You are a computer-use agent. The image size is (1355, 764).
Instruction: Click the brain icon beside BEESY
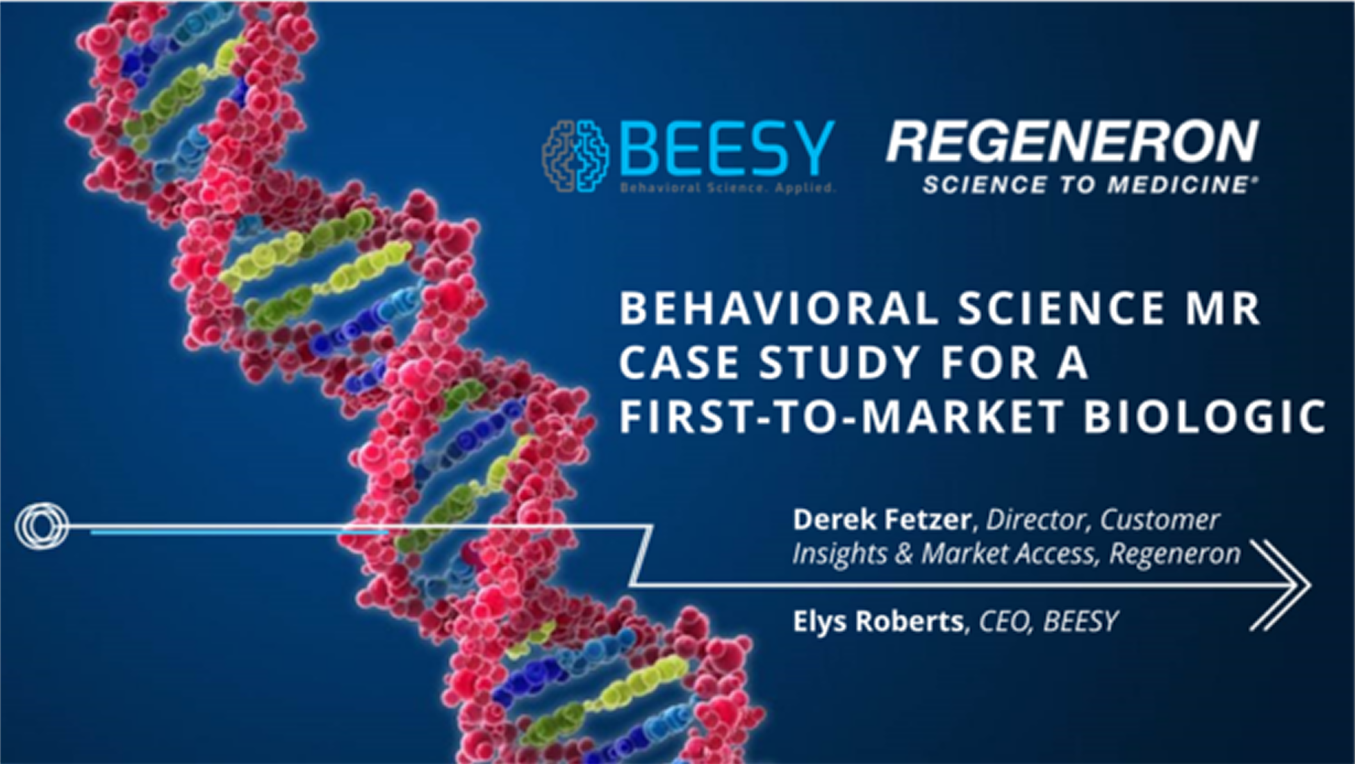point(575,156)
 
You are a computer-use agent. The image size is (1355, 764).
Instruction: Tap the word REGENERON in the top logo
point(1072,142)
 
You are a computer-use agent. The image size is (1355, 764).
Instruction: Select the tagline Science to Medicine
point(1089,185)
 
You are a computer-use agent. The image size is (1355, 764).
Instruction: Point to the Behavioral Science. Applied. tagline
point(727,188)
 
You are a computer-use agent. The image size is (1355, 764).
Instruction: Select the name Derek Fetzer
point(881,520)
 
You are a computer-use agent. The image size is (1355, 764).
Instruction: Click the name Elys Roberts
point(878,621)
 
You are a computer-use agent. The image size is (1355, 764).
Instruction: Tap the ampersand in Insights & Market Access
point(903,554)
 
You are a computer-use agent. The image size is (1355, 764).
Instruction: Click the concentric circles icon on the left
point(42,526)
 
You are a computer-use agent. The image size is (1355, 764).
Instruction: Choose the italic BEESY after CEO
point(1081,621)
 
